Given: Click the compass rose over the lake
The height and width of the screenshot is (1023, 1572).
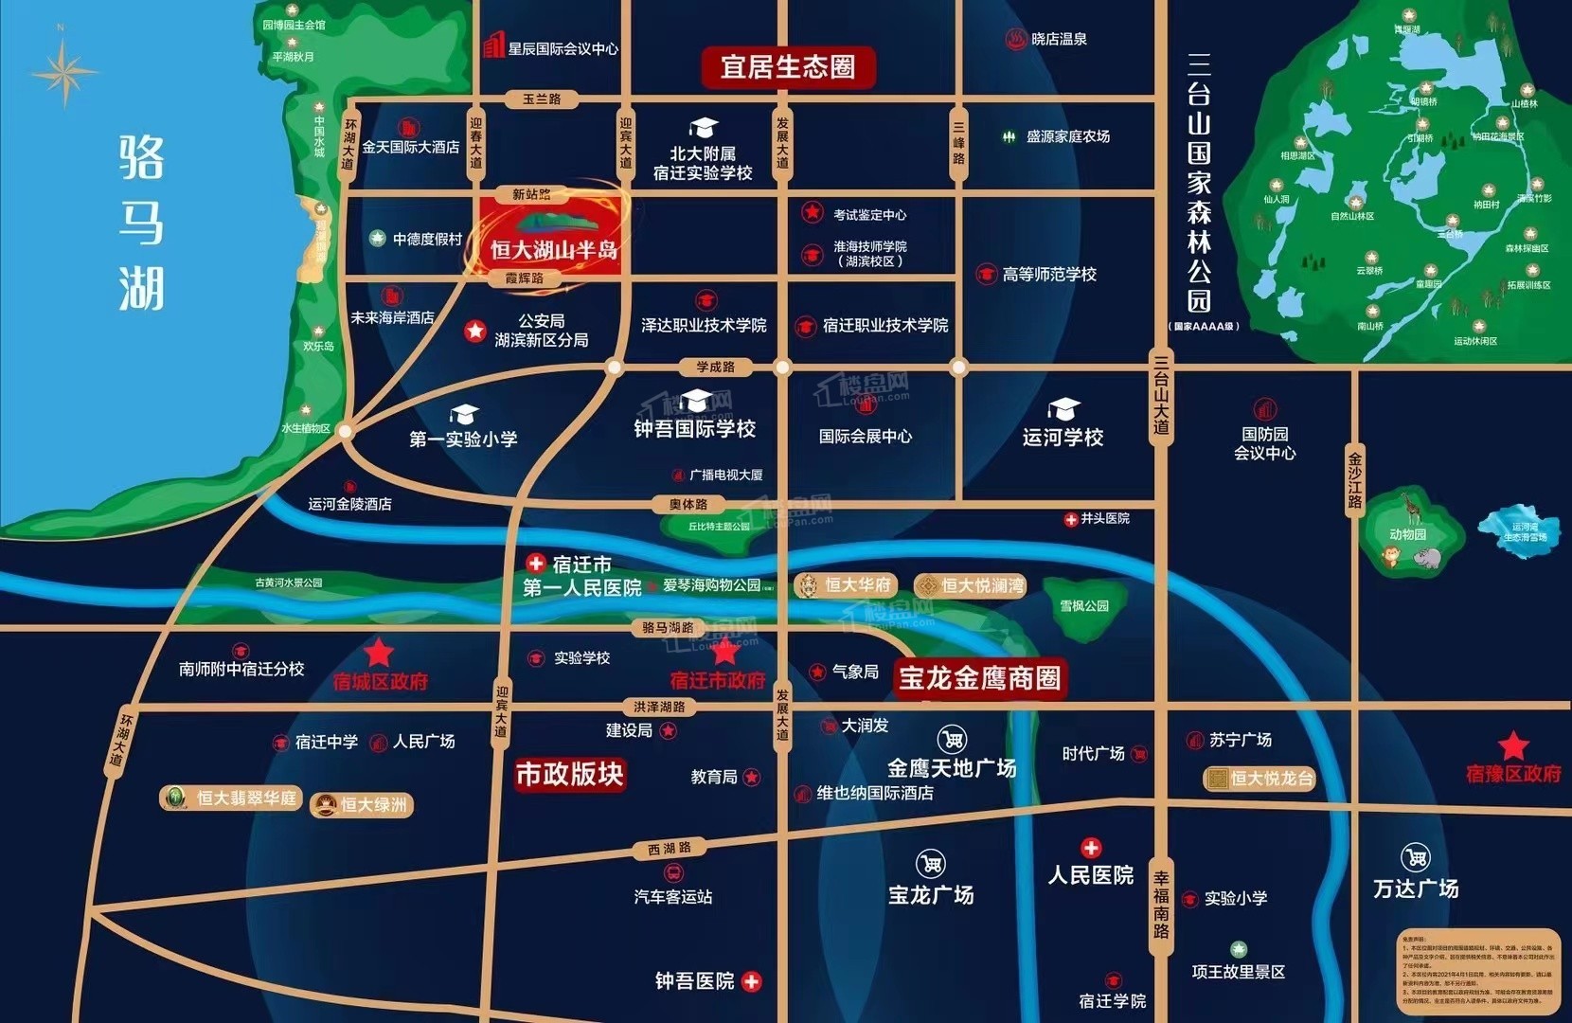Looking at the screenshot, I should coord(63,72).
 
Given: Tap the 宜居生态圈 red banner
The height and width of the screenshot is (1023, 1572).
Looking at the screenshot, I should coord(787,67).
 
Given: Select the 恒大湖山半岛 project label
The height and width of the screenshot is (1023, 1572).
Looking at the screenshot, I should coord(553,249).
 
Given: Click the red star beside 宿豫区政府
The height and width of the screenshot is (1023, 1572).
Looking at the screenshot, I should coord(1513,745).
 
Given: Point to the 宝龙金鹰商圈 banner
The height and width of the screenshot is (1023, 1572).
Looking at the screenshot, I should coord(979,678).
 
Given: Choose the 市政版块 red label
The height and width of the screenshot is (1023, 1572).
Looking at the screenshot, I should coord(569,775).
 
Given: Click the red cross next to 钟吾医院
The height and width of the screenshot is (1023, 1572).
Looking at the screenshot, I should coord(752,981).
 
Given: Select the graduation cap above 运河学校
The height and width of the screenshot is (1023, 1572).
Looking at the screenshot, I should coord(1063,409).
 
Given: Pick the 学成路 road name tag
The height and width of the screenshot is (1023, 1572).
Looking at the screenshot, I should coord(715,367).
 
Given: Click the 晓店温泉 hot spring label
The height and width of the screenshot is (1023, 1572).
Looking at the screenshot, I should coord(1058,39).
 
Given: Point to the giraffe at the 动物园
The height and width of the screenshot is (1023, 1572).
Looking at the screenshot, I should coord(1413,508).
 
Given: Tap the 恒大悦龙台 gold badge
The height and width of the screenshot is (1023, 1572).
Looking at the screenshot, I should coord(1259,779).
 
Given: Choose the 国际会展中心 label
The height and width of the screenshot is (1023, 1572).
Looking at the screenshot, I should coord(866,437).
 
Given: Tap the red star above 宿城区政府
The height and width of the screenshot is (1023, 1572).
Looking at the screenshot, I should coord(380,653).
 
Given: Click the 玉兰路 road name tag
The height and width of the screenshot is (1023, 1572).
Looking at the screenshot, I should coord(542,99).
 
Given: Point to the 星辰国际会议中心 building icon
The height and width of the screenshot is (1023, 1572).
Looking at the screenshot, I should coord(493,45).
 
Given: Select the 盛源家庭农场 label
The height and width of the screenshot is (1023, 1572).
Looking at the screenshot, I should coord(1067,136).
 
